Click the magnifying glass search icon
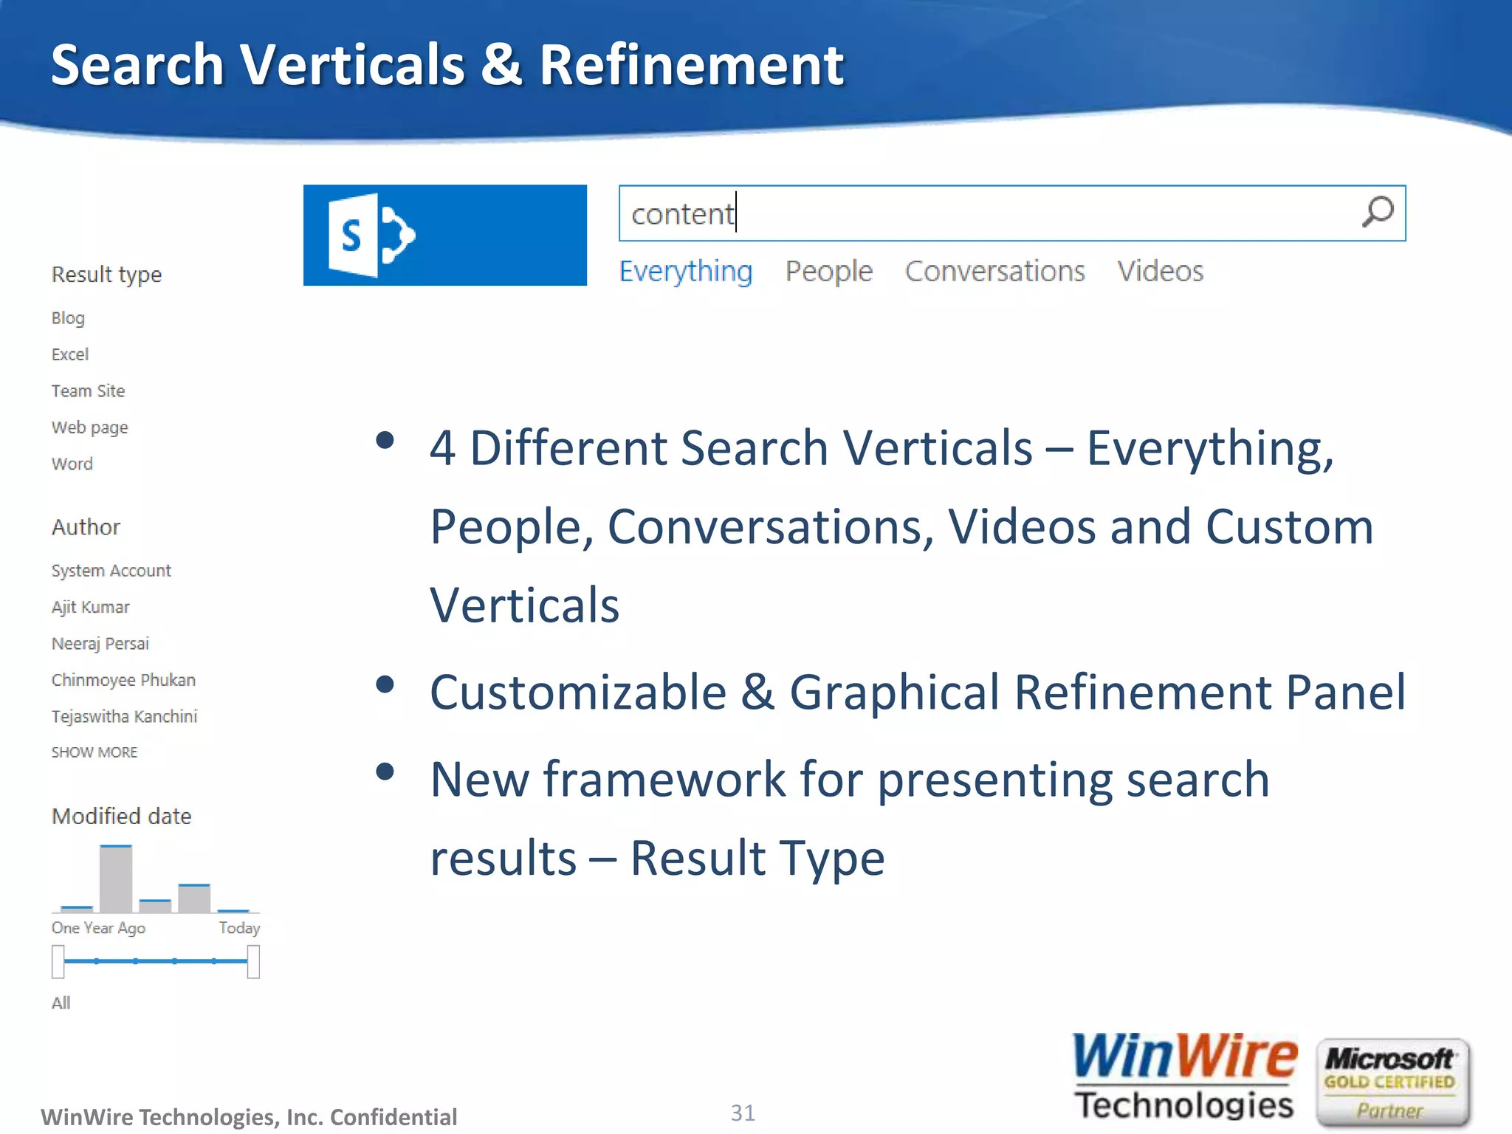coord(1377,212)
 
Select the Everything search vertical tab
coord(685,271)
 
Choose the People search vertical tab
coord(828,271)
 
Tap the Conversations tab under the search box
coord(994,271)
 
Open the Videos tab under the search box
coord(1160,271)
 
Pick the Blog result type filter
coord(68,318)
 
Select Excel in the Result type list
coord(70,354)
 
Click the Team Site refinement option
coord(88,391)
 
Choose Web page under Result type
coord(89,427)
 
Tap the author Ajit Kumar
coord(90,607)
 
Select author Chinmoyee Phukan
coord(123,680)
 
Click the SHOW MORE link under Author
coord(94,752)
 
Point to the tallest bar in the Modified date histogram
coord(116,879)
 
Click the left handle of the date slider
coord(58,961)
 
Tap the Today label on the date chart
coord(239,928)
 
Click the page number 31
coord(743,1113)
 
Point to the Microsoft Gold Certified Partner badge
coord(1392,1083)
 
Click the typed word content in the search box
coord(682,214)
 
